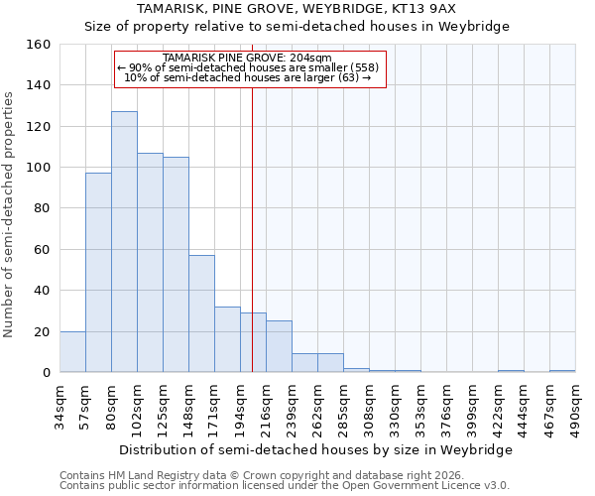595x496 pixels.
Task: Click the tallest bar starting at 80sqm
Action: [124, 242]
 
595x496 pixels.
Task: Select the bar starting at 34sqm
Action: [72, 352]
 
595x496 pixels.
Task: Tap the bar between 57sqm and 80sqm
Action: [98, 273]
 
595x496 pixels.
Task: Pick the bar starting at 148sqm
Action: [201, 313]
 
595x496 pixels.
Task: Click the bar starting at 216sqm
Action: [279, 346]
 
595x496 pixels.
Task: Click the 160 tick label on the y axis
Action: [39, 45]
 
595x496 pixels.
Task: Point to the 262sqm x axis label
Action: [318, 407]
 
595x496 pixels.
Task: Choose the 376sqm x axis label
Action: [447, 407]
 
